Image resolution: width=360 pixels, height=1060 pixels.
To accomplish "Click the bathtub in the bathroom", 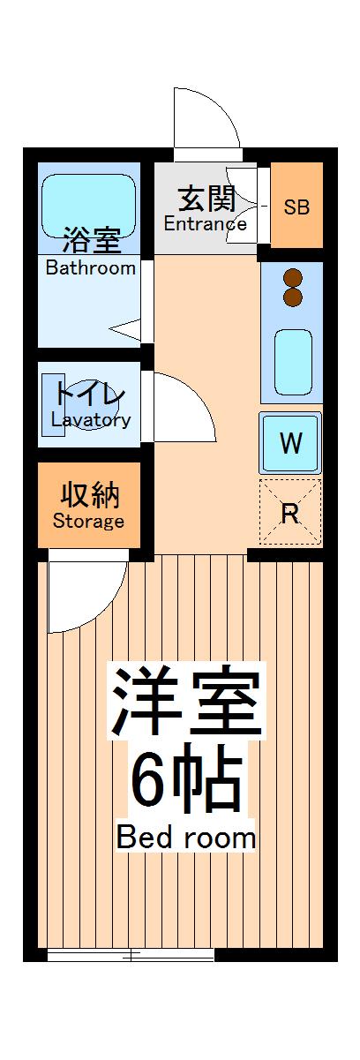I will click(89, 205).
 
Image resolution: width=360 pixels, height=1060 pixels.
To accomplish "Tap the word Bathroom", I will click(91, 267).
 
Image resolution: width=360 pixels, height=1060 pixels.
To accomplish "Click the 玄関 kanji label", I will click(206, 199).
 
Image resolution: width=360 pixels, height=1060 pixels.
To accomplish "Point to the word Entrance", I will click(206, 223).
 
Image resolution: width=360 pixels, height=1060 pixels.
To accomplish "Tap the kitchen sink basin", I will click(293, 362).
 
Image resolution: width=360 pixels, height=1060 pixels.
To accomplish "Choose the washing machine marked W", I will click(290, 443).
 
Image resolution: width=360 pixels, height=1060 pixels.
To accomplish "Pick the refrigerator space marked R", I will click(290, 514).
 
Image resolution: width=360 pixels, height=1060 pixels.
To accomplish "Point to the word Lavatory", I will click(91, 421).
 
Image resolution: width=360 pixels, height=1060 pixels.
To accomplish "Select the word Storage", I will click(88, 521).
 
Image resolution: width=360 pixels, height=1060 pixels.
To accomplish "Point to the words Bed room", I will click(186, 837).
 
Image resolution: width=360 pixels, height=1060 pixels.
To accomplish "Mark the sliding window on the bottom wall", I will click(131, 955).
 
